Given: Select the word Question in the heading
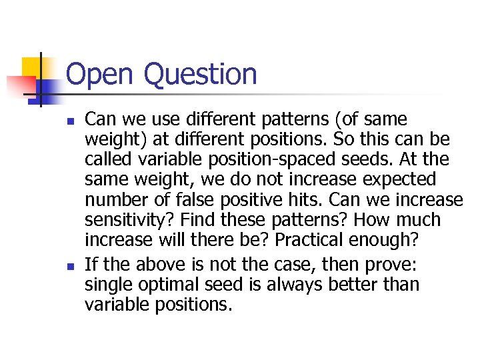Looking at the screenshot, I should (x=199, y=75).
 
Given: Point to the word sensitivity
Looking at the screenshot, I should (x=125, y=220).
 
